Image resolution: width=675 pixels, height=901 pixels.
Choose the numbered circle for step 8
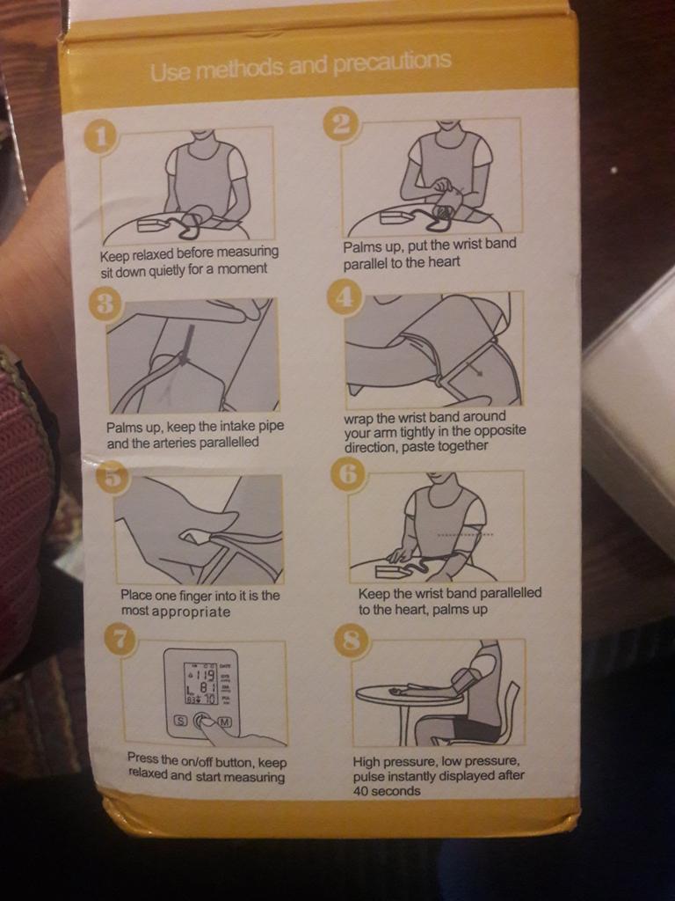pyautogui.click(x=350, y=641)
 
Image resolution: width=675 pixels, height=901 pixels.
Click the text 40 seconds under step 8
pyautogui.click(x=387, y=791)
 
